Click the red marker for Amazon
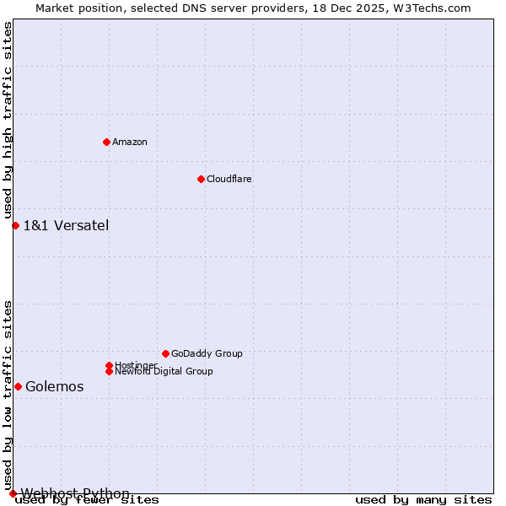(106, 142)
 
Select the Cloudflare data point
(201, 179)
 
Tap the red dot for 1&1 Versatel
(15, 225)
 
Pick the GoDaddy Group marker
(165, 353)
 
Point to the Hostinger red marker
(109, 365)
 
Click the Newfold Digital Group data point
(109, 371)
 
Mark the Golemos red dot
(18, 386)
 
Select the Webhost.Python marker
(13, 493)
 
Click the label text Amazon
(129, 142)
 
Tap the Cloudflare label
(229, 179)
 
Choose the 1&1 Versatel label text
(66, 225)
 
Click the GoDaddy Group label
(207, 353)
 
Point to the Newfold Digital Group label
(164, 371)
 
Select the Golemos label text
(55, 386)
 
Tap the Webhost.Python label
(75, 493)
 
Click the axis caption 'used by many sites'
(423, 500)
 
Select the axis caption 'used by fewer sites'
(88, 500)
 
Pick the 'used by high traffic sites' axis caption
(8, 120)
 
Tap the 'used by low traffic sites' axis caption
(8, 395)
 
